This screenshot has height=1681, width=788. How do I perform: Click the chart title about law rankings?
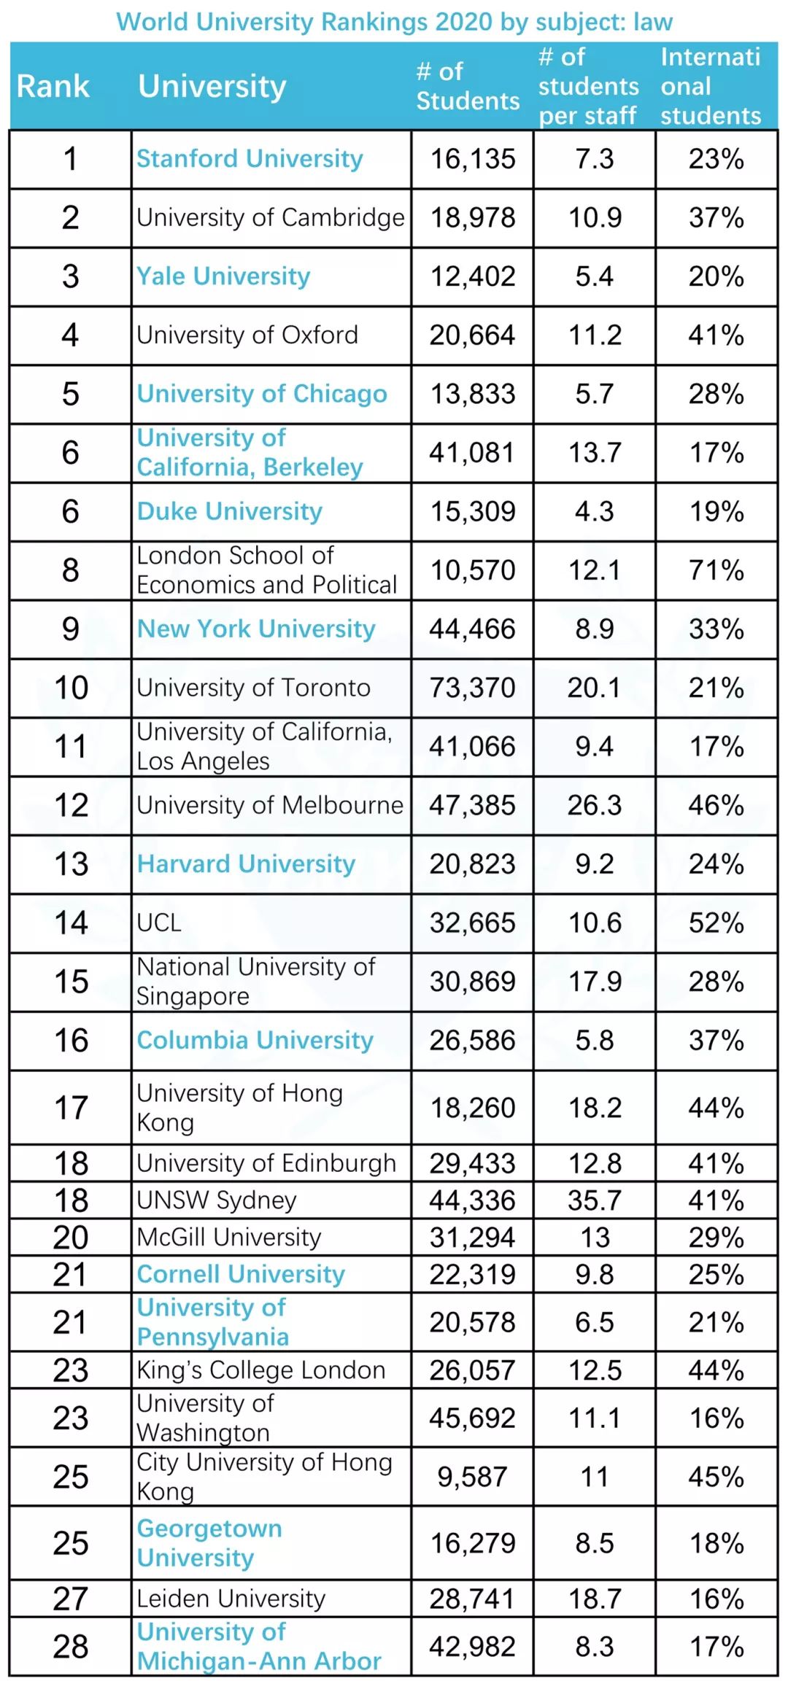(x=394, y=22)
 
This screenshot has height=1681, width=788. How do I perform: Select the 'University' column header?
(x=212, y=86)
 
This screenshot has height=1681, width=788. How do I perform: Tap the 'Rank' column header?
(x=53, y=86)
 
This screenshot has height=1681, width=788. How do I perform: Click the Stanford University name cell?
(x=250, y=159)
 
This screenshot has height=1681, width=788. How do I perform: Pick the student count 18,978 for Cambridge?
(x=472, y=218)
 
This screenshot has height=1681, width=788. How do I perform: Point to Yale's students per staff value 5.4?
(x=594, y=276)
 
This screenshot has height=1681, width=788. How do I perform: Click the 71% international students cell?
(x=716, y=570)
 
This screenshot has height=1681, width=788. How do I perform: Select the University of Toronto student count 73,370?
(x=472, y=688)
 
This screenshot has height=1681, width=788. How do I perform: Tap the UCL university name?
(x=159, y=923)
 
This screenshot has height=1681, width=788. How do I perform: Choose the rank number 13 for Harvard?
(x=71, y=864)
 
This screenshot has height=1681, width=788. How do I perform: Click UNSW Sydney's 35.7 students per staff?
(x=594, y=1200)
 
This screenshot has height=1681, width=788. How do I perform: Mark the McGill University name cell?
(x=228, y=1237)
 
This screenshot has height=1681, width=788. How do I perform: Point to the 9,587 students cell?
(x=472, y=1477)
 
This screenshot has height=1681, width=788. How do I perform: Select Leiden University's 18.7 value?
(x=594, y=1598)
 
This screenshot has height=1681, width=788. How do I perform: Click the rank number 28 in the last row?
(x=71, y=1646)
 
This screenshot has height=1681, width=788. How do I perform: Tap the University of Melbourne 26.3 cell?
(x=594, y=805)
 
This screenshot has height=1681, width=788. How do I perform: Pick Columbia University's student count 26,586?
(x=472, y=1040)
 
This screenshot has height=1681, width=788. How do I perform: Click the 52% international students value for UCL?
(x=716, y=923)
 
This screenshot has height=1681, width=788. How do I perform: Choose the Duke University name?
(x=229, y=511)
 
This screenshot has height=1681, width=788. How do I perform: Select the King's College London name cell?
(x=260, y=1370)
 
